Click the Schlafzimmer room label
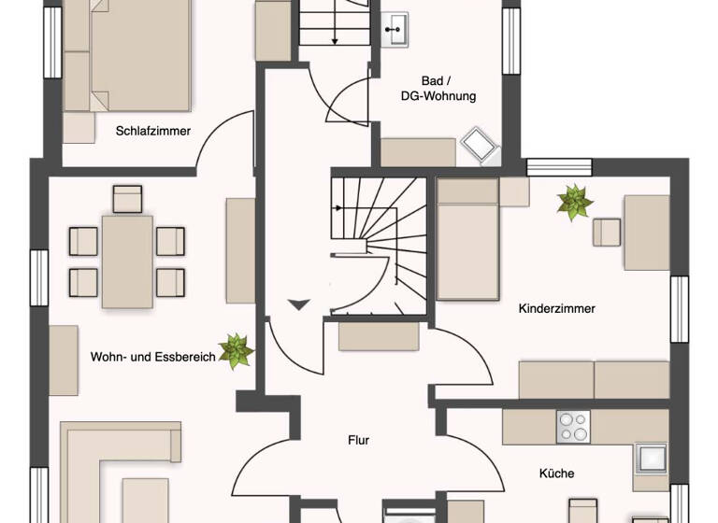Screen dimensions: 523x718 pos(153,131)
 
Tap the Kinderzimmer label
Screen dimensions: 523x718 pos(556,308)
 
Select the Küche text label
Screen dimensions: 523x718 pos(556,474)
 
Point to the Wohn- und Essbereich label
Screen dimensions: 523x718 pos(152,356)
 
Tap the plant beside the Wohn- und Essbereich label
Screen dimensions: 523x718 pos(235,352)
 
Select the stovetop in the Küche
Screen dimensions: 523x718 pos(573,427)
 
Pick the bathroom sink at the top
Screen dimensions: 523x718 pos(396,30)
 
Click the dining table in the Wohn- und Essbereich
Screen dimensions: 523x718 pos(127,261)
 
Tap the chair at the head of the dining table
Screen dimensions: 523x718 pos(127,198)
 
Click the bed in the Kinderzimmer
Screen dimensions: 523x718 pos(467,240)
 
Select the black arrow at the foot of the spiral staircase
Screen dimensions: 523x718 pos(299,304)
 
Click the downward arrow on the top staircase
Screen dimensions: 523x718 pos(334,28)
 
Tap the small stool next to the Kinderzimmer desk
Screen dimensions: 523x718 pos(607,232)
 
